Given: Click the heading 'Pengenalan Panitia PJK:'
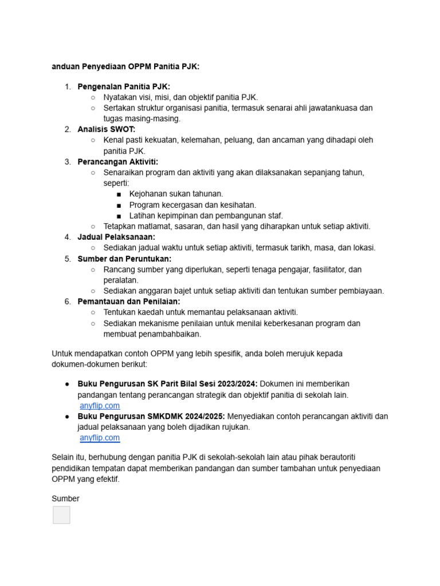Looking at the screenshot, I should [x=124, y=86].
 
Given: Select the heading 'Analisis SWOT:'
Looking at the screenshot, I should [x=107, y=129].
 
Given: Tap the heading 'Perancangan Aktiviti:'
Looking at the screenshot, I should [x=118, y=162].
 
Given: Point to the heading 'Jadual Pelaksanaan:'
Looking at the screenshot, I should [x=116, y=237].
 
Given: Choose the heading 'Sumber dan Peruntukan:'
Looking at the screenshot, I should [x=124, y=259].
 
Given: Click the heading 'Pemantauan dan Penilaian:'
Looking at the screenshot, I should [x=129, y=302].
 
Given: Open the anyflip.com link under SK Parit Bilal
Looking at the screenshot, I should [x=100, y=406].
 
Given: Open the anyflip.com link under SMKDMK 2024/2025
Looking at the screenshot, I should [x=100, y=438].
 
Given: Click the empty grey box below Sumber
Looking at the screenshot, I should [x=61, y=515].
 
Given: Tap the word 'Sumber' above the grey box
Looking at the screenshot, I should [x=65, y=498].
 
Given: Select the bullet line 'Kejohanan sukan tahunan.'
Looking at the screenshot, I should [x=176, y=194].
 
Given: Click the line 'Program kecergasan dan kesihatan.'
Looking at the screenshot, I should [x=192, y=205].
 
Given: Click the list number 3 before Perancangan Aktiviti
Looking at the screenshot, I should [x=67, y=162].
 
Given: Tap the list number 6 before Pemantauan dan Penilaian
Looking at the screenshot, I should [x=67, y=302].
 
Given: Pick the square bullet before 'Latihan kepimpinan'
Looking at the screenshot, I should [x=118, y=216].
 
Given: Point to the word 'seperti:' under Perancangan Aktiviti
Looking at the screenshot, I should [x=116, y=183].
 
